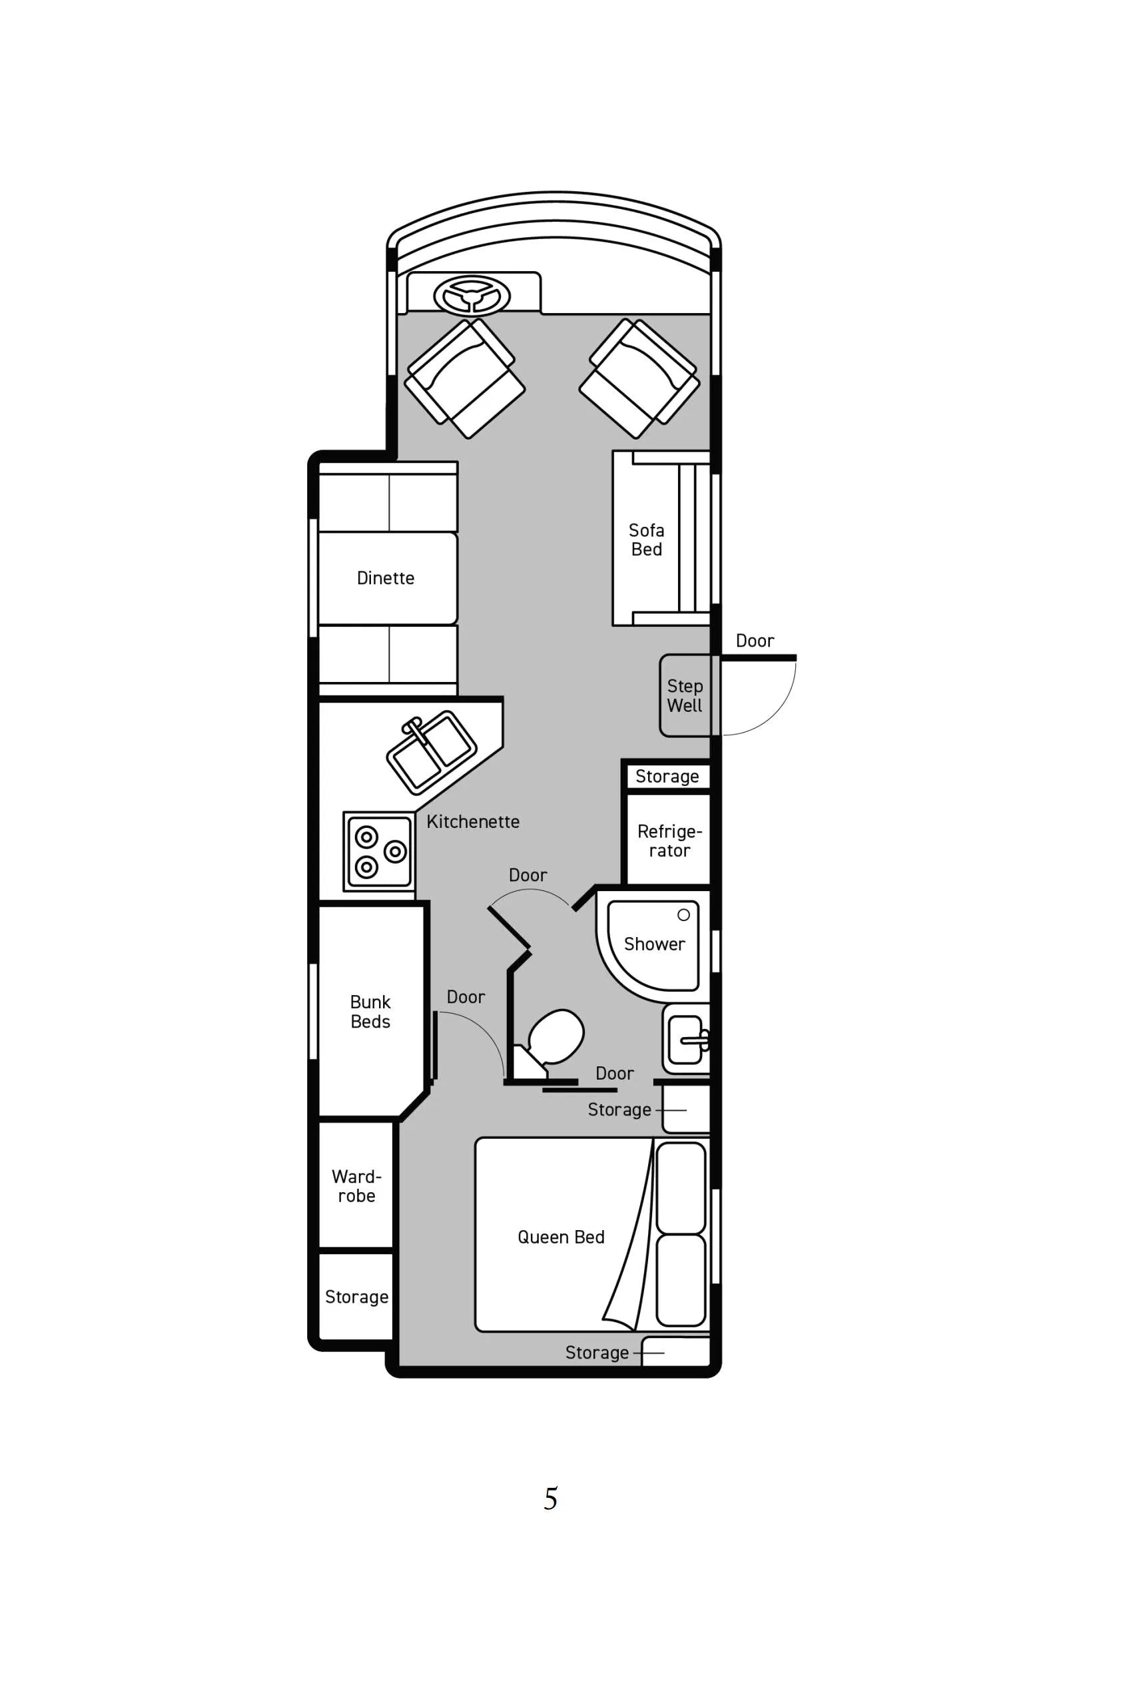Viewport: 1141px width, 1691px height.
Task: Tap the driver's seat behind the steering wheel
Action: (x=464, y=378)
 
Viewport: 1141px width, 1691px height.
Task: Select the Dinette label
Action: (x=386, y=577)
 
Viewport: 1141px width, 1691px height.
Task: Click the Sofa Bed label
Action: (x=647, y=540)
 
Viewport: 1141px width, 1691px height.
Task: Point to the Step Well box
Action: (x=685, y=695)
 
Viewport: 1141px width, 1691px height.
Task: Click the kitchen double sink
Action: (x=432, y=753)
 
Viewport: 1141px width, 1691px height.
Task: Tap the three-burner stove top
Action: (x=379, y=852)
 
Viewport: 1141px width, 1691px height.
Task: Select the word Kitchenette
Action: (x=473, y=821)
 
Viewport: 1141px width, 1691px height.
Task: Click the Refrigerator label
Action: (x=669, y=841)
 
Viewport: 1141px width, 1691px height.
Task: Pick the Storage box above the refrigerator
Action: (x=668, y=777)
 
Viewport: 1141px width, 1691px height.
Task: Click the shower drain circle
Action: (x=684, y=914)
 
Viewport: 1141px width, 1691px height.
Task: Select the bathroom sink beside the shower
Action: (x=685, y=1039)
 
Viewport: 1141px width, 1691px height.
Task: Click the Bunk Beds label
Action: (x=370, y=1012)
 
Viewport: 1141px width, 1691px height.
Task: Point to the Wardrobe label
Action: (x=356, y=1186)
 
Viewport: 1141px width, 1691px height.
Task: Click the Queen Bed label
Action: (x=561, y=1237)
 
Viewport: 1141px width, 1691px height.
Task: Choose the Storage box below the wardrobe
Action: (x=356, y=1297)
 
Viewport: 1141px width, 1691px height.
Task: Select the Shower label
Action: (x=655, y=944)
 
